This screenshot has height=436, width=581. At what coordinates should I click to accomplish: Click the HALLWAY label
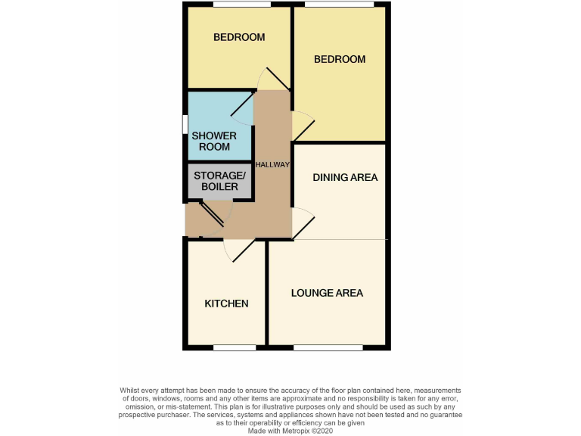pyautogui.click(x=273, y=164)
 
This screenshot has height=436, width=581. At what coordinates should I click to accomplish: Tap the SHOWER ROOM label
pyautogui.click(x=213, y=141)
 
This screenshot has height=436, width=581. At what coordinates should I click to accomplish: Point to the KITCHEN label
pyautogui.click(x=226, y=304)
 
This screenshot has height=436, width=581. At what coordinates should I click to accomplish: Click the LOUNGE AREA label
pyautogui.click(x=327, y=293)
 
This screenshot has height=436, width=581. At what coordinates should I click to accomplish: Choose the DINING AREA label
pyautogui.click(x=345, y=178)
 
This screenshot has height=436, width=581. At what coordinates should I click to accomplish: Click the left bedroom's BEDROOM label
pyautogui.click(x=239, y=37)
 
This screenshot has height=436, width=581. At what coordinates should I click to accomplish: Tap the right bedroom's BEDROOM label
pyautogui.click(x=340, y=59)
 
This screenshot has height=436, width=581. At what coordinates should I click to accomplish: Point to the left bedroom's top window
pyautogui.click(x=242, y=5)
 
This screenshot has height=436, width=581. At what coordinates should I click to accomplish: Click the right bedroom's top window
pyautogui.click(x=339, y=5)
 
